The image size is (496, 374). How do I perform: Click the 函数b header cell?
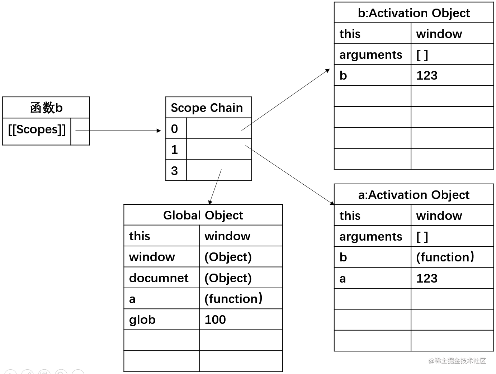coord(46,108)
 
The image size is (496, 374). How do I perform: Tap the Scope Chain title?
coord(207,108)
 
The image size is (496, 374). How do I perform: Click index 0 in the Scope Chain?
coord(174,129)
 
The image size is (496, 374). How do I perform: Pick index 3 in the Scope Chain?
coord(174,171)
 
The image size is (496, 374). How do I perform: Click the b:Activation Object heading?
coord(414,13)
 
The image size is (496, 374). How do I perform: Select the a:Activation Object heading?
coord(414,195)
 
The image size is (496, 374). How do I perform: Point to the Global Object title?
coord(203,215)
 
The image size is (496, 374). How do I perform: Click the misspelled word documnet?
coord(159,278)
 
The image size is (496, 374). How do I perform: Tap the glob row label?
coord(142,320)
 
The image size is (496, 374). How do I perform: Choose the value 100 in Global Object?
coord(215,319)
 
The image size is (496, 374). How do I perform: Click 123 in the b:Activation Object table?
coord(427,75)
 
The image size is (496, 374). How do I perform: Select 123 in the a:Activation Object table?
coord(427,278)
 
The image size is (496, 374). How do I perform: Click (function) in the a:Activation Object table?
coord(445,257)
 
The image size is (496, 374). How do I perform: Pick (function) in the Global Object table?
coord(233,299)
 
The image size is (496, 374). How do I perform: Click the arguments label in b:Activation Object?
coord(371,55)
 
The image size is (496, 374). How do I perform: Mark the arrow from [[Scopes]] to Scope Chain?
coord(118,131)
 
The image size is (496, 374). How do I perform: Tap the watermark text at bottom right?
coord(457,361)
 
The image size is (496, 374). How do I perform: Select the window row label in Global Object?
coord(152,257)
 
